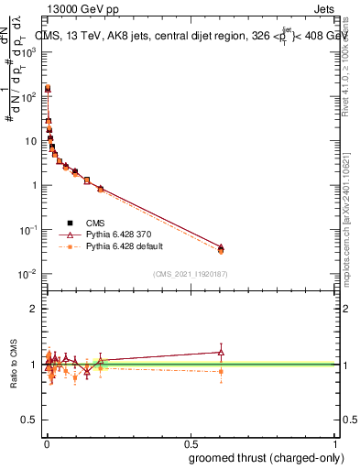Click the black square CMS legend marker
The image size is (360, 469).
pyautogui.click(x=70, y=221)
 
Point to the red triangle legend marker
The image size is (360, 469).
pyautogui.click(x=70, y=234)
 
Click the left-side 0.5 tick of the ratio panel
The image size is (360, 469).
pyautogui.click(x=31, y=420)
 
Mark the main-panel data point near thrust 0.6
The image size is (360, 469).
pyautogui.click(x=221, y=249)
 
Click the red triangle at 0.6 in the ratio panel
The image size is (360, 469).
pyautogui.click(x=221, y=351)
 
